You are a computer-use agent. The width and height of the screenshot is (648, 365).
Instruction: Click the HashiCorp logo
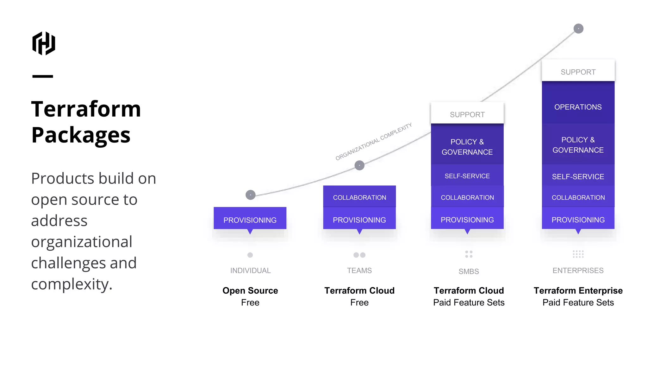pyautogui.click(x=44, y=43)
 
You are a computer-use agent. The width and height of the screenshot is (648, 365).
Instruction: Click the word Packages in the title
pyautogui.click(x=81, y=135)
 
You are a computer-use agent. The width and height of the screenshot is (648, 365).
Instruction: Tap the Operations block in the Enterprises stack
pyautogui.click(x=578, y=107)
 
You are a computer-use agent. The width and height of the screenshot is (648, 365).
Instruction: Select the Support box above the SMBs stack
pyautogui.click(x=467, y=114)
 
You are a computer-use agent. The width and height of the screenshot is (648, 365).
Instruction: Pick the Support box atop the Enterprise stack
pyautogui.click(x=578, y=72)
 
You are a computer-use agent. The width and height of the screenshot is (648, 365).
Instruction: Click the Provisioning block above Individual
pyautogui.click(x=250, y=220)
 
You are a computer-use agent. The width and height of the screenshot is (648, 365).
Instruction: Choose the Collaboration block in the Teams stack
pyautogui.click(x=359, y=197)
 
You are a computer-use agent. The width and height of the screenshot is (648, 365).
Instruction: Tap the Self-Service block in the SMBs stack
pyautogui.click(x=467, y=176)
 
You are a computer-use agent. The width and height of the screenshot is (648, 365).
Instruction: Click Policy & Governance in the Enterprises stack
pyautogui.click(x=578, y=145)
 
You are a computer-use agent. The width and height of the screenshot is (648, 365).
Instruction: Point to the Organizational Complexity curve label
pyautogui.click(x=374, y=141)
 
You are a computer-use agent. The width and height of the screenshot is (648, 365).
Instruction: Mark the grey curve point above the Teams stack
pyautogui.click(x=359, y=165)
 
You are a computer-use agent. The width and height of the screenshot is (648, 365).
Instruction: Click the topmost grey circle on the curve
pyautogui.click(x=578, y=29)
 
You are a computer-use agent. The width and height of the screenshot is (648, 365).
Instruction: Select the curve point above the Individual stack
pyautogui.click(x=250, y=195)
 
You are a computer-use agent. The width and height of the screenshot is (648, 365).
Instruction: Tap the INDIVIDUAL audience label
pyautogui.click(x=250, y=271)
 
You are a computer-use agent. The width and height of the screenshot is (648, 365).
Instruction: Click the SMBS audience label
pyautogui.click(x=469, y=272)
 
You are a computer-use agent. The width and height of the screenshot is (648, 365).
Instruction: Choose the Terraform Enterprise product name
pyautogui.click(x=578, y=291)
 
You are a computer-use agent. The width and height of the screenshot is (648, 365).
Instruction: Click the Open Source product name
pyautogui.click(x=250, y=291)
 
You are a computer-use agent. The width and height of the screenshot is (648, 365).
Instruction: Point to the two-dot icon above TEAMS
pyautogui.click(x=359, y=255)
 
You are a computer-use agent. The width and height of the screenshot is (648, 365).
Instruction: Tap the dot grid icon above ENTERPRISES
pyautogui.click(x=578, y=254)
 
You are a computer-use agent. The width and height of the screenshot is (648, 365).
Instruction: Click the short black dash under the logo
pyautogui.click(x=43, y=76)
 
